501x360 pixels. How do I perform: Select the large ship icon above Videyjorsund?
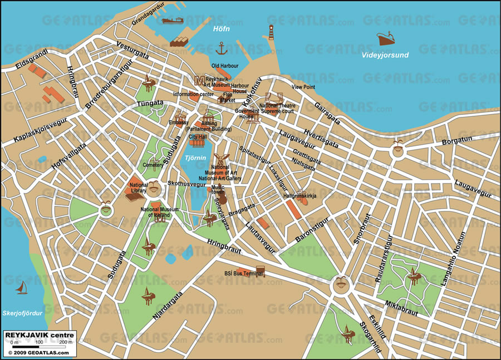(388, 38)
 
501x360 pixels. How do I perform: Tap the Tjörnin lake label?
(195, 159)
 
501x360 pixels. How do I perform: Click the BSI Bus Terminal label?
(243, 273)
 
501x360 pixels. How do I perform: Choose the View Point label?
(303, 87)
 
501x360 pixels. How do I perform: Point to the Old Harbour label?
(225, 66)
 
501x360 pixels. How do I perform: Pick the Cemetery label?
(153, 165)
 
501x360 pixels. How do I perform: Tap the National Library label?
(138, 188)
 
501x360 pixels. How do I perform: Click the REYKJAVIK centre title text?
(39, 334)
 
